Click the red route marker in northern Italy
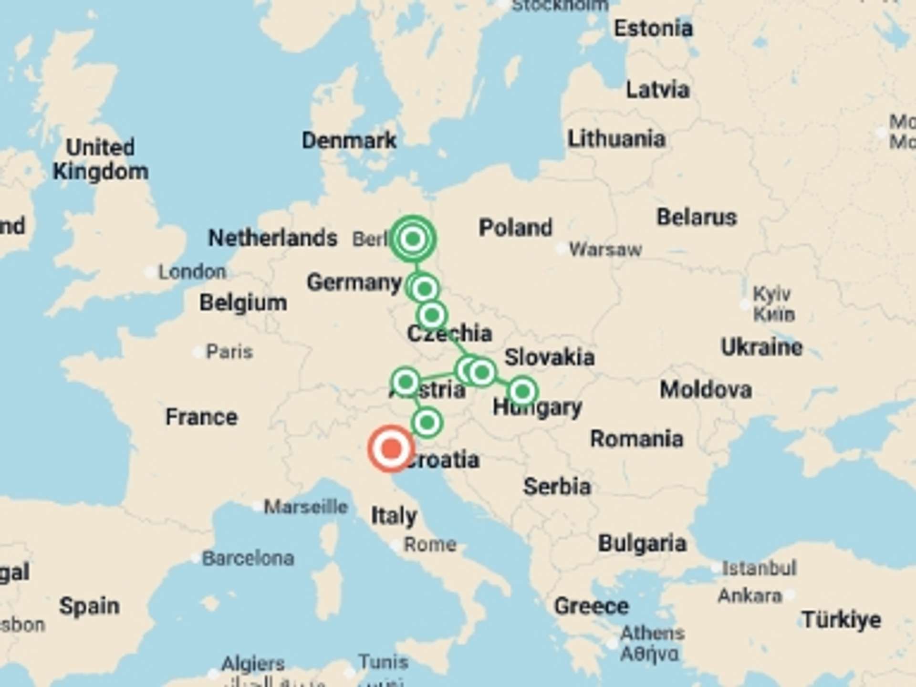click(391, 449)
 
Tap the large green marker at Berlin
click(413, 239)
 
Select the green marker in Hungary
click(522, 391)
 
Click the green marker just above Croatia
click(427, 423)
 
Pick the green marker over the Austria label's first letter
click(406, 382)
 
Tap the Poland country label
click(515, 228)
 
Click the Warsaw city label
click(605, 249)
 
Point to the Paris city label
click(229, 352)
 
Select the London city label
click(192, 272)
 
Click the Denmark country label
click(349, 140)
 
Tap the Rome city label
click(430, 544)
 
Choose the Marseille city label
click(306, 506)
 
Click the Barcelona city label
click(248, 558)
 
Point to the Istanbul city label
click(759, 568)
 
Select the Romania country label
click(636, 438)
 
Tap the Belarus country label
click(697, 217)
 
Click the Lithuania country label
click(616, 139)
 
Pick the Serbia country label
click(557, 487)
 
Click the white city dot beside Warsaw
click(562, 249)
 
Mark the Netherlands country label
click(273, 238)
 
